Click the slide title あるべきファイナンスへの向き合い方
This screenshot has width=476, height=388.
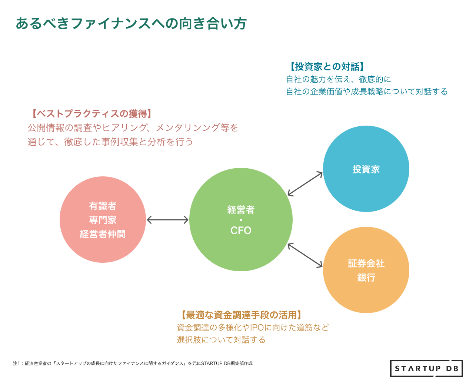[131, 23]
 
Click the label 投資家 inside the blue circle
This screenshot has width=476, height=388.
[366, 169]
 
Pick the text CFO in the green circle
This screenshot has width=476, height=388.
[241, 231]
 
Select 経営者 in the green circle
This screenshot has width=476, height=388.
[241, 210]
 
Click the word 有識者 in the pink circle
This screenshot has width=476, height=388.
[103, 206]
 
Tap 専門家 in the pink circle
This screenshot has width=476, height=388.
[103, 220]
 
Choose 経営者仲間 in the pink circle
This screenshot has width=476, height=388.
[103, 234]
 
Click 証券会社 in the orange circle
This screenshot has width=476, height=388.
[366, 263]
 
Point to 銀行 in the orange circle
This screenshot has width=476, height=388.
[366, 278]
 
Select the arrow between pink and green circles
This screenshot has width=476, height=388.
[167, 220]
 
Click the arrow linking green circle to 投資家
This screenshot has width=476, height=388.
[305, 183]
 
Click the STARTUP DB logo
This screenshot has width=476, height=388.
[426, 368]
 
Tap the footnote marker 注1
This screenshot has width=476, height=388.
[16, 364]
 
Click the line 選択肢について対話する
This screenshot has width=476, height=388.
[221, 340]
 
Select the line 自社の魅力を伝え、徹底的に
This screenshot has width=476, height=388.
[338, 79]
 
